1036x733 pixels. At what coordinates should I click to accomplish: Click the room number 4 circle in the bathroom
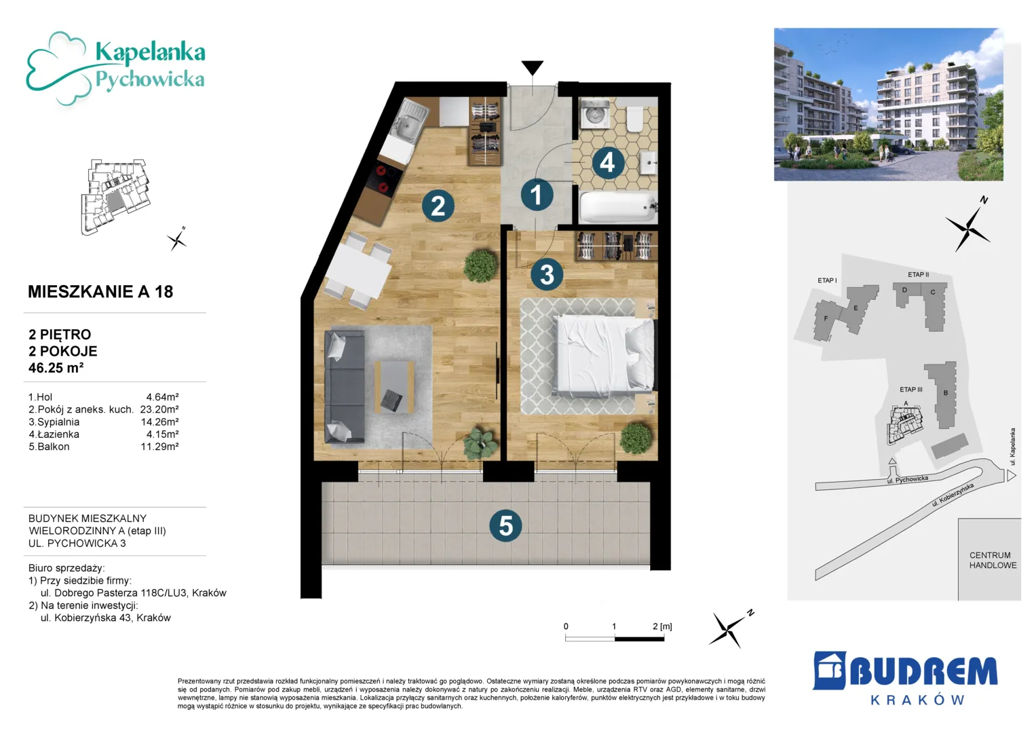(607, 162)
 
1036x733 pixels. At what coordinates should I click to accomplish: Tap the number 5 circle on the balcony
(505, 526)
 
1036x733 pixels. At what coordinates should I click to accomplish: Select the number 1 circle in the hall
(537, 194)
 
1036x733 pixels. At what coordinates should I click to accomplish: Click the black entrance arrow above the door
(533, 68)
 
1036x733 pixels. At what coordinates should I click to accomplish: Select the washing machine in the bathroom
(594, 113)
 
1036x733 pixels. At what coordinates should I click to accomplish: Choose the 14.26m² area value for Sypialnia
(159, 421)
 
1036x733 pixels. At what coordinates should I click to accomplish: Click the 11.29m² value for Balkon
(159, 447)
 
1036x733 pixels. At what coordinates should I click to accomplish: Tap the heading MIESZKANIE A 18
(100, 292)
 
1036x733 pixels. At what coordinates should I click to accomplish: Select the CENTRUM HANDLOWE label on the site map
(993, 560)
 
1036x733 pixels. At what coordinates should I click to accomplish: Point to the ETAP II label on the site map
(918, 274)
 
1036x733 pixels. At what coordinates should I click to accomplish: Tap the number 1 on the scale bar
(614, 626)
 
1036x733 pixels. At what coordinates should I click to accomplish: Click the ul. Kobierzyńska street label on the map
(953, 495)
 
